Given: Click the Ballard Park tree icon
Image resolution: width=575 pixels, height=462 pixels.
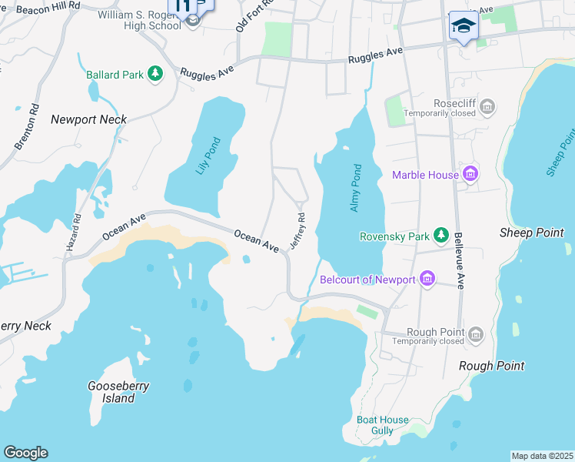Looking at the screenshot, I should (156, 74).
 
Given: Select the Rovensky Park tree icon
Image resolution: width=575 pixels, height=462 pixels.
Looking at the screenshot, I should (441, 235).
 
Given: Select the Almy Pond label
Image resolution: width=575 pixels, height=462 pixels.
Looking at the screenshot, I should (356, 188).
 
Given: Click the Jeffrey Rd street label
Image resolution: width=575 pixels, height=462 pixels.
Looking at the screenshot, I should (297, 231).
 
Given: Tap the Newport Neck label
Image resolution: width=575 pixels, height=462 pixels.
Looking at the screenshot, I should (88, 119).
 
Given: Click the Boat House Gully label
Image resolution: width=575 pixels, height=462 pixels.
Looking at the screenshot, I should (382, 425).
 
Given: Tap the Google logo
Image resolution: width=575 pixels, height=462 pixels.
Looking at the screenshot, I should (25, 453).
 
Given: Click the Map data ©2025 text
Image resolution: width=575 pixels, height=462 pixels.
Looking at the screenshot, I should (542, 456).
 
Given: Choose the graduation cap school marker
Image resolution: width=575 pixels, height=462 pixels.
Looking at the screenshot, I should (464, 27).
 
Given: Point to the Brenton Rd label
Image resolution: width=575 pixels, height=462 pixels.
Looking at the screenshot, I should (25, 126).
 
